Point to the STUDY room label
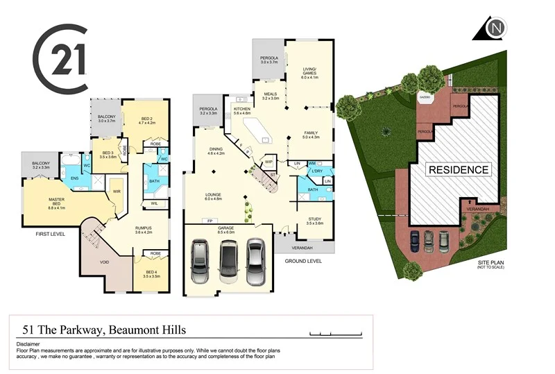coord(315,219)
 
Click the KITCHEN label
coord(241,110)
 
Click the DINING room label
coord(216,149)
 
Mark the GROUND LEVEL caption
coord(303,261)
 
